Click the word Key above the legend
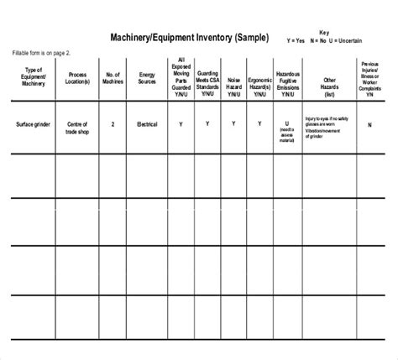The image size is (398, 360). click(x=325, y=32)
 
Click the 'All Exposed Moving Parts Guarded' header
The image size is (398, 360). click(x=181, y=78)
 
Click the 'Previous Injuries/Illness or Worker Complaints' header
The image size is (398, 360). click(x=369, y=78)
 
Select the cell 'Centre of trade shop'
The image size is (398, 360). click(x=78, y=128)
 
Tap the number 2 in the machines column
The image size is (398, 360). click(x=113, y=123)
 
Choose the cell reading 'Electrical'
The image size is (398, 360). click(x=147, y=123)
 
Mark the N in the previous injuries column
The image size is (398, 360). click(x=369, y=124)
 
